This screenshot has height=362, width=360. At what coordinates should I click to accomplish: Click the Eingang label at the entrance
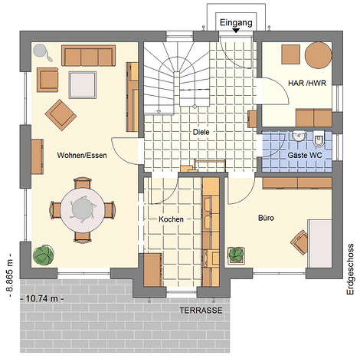click(x=236, y=23)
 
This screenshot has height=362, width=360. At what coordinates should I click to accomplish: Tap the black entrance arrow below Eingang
click(x=236, y=31)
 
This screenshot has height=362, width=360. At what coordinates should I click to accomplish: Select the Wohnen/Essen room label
click(x=82, y=155)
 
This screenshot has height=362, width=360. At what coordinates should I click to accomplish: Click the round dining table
click(x=82, y=210)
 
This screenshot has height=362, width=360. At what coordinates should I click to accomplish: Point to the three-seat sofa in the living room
click(x=88, y=56)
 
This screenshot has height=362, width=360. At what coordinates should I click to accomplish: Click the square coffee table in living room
click(x=83, y=85)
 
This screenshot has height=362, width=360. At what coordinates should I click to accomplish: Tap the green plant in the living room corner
click(x=44, y=255)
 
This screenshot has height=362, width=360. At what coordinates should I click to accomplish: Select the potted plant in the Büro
click(x=236, y=255)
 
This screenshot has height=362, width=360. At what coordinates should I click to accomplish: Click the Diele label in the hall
click(x=201, y=132)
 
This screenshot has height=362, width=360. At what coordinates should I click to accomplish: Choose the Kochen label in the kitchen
click(x=171, y=219)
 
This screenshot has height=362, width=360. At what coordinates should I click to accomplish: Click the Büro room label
click(x=266, y=218)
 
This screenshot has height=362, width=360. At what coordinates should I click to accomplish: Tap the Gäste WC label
click(x=305, y=155)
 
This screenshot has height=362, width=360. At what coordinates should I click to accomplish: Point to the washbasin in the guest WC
click(x=299, y=136)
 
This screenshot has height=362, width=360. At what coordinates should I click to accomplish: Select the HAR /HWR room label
click(x=307, y=83)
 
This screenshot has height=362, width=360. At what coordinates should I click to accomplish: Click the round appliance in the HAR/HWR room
click(x=318, y=55)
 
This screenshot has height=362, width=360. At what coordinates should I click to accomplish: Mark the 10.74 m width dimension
click(x=42, y=298)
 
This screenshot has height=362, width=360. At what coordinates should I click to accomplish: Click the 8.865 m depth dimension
click(x=9, y=275)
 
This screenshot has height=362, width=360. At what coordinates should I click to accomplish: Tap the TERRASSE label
click(x=201, y=311)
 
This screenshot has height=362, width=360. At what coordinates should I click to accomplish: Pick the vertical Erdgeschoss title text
click(x=350, y=269)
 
